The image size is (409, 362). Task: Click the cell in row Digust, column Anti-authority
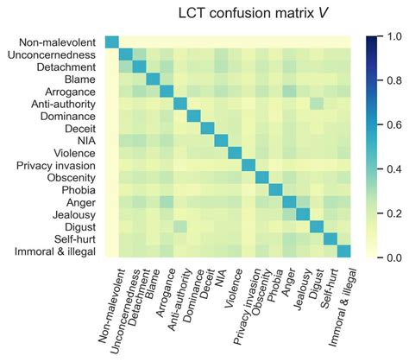click(180, 226)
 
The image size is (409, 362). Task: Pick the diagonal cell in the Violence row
click(235, 153)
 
